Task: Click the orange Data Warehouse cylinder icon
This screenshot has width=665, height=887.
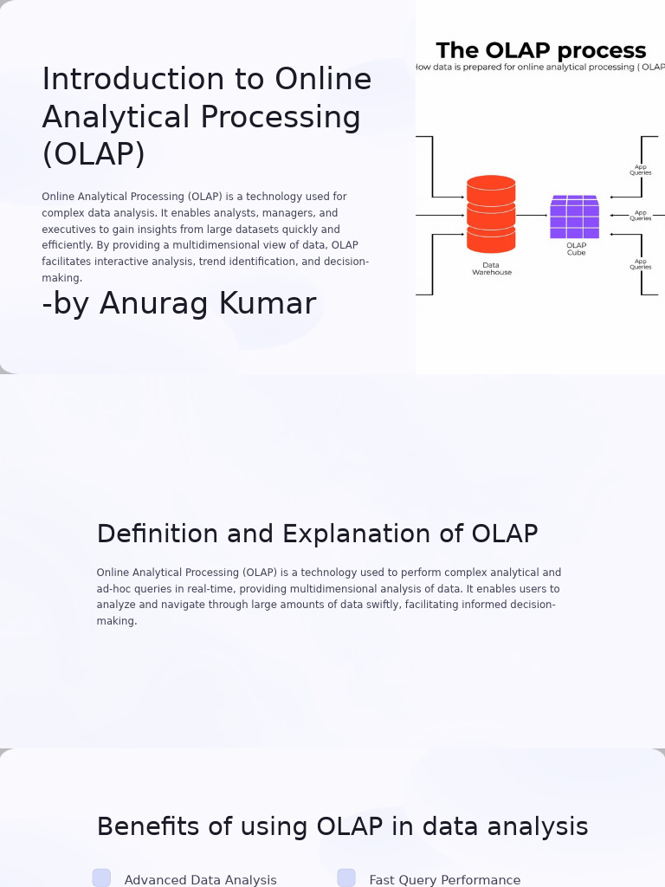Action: (491, 214)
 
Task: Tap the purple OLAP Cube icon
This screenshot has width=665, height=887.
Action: (574, 217)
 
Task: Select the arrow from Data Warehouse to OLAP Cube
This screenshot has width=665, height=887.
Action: (532, 215)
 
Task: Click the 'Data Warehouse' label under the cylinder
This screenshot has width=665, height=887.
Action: (491, 269)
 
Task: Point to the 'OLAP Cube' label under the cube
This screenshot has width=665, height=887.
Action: (576, 249)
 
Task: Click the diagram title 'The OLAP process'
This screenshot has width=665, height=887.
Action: (540, 51)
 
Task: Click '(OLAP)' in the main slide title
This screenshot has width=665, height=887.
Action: (94, 155)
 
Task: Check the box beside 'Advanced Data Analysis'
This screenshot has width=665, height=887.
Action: (101, 878)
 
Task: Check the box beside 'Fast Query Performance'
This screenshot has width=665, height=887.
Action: (346, 878)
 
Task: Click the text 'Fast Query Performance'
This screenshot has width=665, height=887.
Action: (445, 880)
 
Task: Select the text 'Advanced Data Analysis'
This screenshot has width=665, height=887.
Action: (200, 880)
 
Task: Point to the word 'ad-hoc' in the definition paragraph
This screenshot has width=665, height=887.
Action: (113, 589)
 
